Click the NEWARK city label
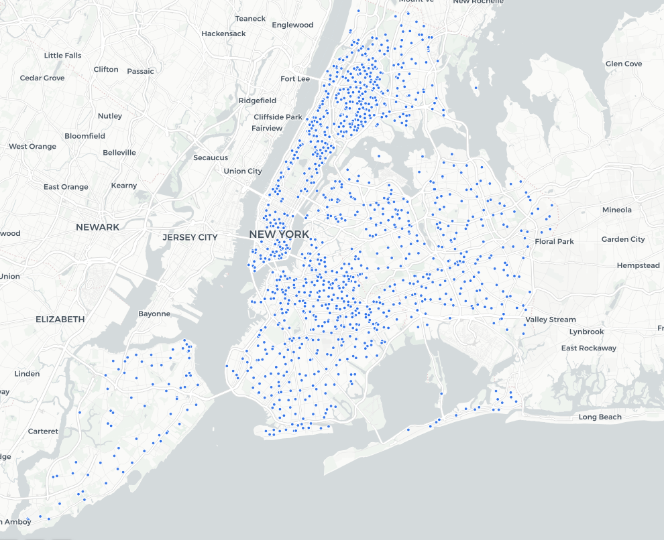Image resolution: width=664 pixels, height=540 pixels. pyautogui.click(x=97, y=227)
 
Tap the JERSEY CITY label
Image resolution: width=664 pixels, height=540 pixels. pyautogui.click(x=190, y=237)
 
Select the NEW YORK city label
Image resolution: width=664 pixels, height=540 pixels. pyautogui.click(x=279, y=234)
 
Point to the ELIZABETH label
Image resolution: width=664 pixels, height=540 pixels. pyautogui.click(x=60, y=319)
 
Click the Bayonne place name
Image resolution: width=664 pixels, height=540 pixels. pyautogui.click(x=154, y=314)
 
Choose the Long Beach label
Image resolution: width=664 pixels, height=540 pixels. pyautogui.click(x=600, y=417)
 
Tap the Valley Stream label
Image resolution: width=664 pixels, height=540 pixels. pyautogui.click(x=550, y=320)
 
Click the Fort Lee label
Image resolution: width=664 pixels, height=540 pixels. pyautogui.click(x=295, y=78)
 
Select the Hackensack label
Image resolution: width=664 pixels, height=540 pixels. pyautogui.click(x=223, y=33)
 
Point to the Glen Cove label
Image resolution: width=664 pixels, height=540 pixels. pyautogui.click(x=623, y=64)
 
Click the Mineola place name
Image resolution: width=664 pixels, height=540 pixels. pyautogui.click(x=616, y=210)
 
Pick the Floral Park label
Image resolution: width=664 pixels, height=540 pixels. pyautogui.click(x=554, y=241)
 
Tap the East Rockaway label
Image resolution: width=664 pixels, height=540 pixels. pyautogui.click(x=588, y=348)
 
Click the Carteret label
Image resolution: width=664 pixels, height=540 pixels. pyautogui.click(x=43, y=431)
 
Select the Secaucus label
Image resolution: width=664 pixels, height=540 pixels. pyautogui.click(x=211, y=157)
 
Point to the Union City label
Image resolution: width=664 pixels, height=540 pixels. pyautogui.click(x=243, y=171)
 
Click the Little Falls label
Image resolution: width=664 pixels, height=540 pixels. pyautogui.click(x=62, y=56)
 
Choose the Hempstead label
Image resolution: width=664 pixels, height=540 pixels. pyautogui.click(x=638, y=265)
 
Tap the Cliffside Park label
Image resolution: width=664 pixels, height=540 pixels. pyautogui.click(x=278, y=117)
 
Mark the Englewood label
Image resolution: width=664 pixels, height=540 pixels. pyautogui.click(x=292, y=25)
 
